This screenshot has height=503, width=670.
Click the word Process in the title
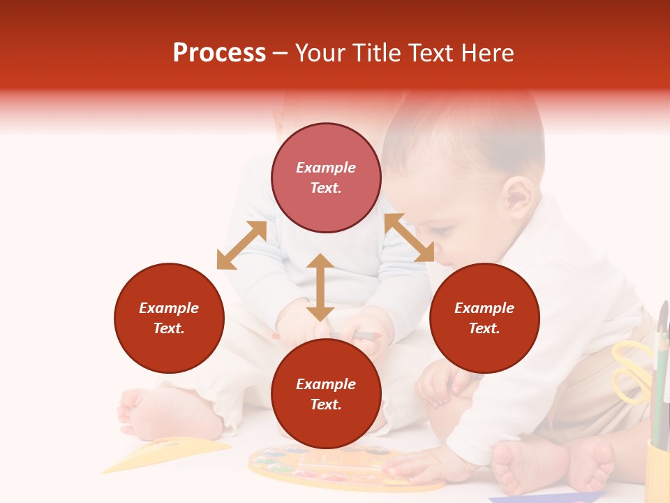[219, 53]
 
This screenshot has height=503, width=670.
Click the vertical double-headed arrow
[320, 287]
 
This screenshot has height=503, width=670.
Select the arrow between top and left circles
[241, 245]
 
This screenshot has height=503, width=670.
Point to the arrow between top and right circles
[409, 238]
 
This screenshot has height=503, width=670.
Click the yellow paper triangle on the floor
[167, 453]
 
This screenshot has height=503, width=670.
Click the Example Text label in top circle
[326, 177]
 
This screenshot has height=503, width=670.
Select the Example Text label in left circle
[169, 318]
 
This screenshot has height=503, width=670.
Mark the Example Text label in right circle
[484, 318]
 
